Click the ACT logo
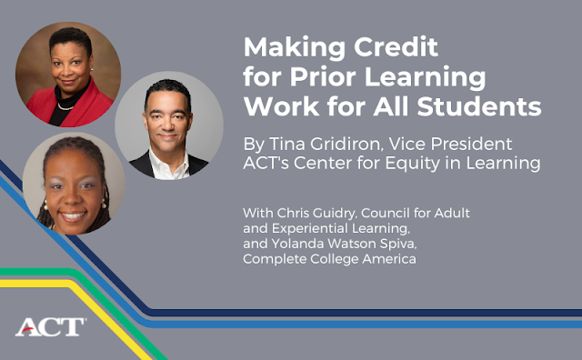pos(50,327)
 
